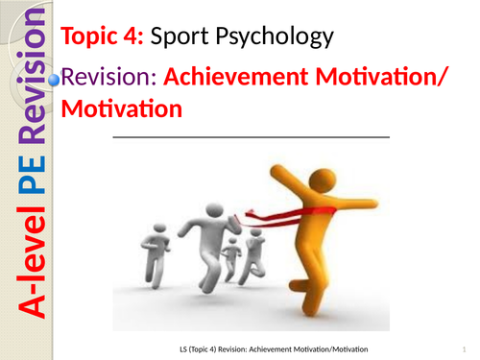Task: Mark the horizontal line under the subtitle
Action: click(251, 138)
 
